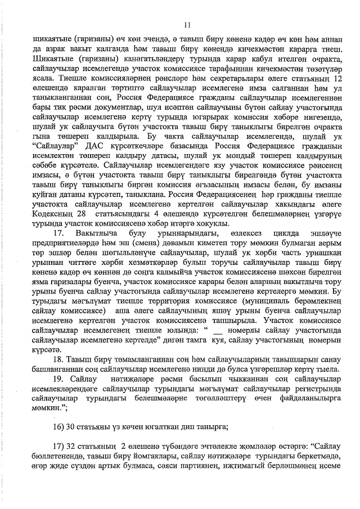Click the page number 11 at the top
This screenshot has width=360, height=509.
[x=187, y=24]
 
